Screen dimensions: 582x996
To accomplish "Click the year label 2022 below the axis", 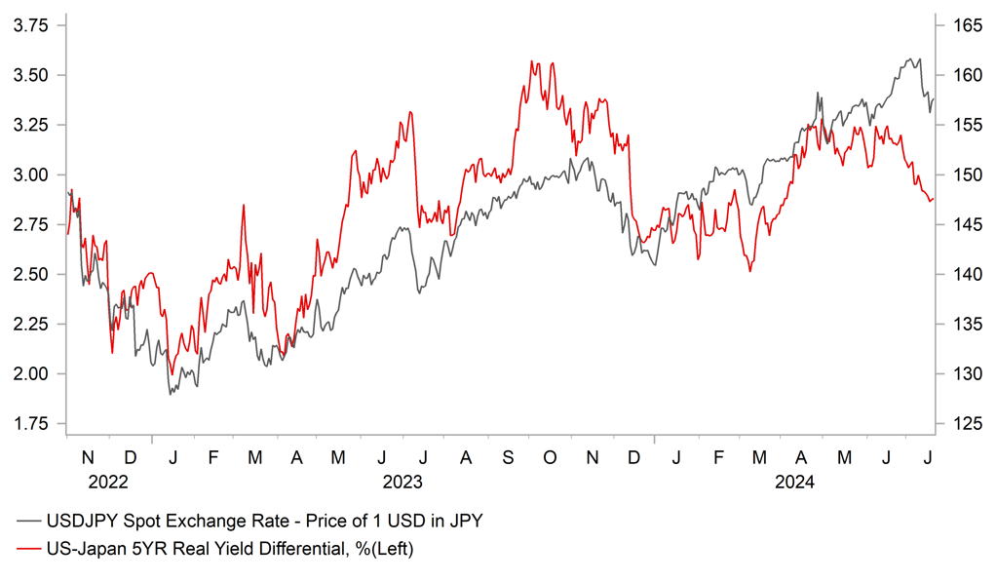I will [x=108, y=482].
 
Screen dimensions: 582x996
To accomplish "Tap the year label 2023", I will [x=402, y=482].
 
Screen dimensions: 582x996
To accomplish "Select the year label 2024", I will [x=794, y=482].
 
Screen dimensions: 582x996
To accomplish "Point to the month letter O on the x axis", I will [x=549, y=456].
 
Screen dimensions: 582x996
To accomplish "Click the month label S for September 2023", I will [x=507, y=456].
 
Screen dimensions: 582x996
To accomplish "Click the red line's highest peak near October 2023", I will [x=532, y=61].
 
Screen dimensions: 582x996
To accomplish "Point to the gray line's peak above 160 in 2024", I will [x=917, y=58].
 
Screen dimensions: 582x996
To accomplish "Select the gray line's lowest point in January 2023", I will [x=170, y=394].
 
